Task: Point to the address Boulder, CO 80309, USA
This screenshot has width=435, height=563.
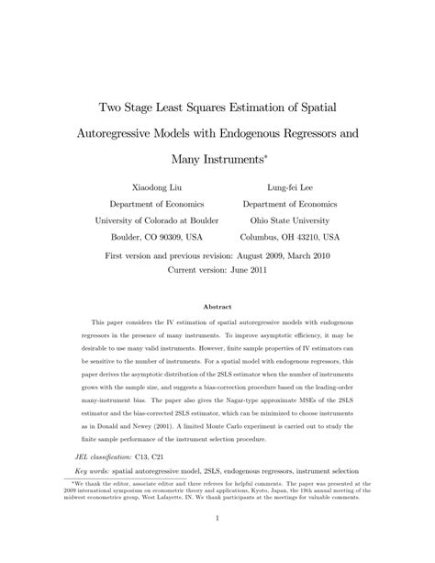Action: point(151,237)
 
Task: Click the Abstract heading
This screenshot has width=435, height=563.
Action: point(217,308)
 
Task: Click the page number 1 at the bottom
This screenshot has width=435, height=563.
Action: point(217,542)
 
